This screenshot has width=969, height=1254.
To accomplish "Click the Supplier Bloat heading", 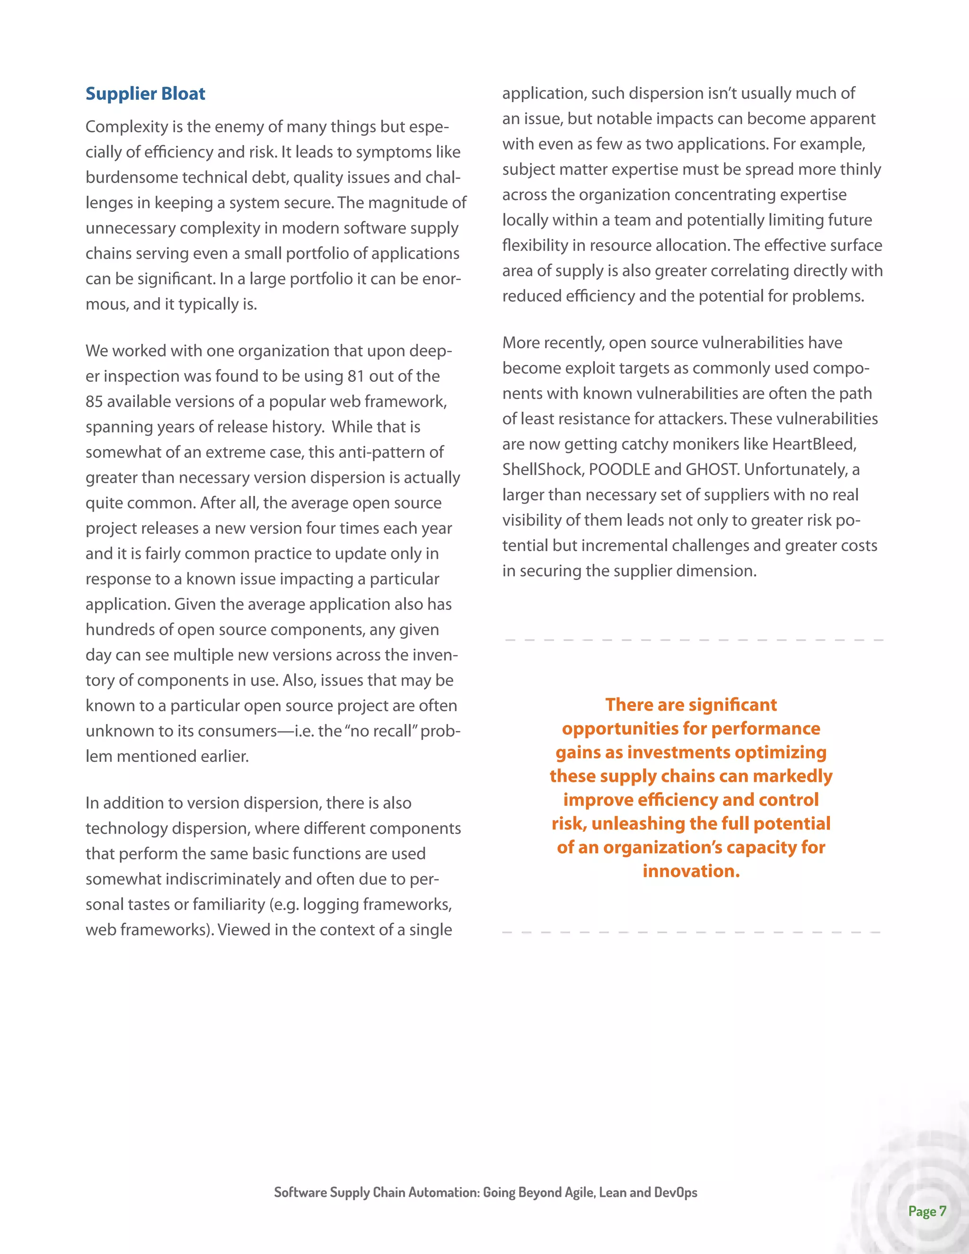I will click(145, 94).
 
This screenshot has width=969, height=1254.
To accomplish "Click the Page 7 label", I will click(926, 1211).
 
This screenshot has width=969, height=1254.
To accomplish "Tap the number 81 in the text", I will click(356, 376).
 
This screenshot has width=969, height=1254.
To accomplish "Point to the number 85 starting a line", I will click(94, 401).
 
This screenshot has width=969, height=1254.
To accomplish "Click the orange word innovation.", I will click(691, 871).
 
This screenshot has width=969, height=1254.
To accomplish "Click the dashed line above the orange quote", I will click(694, 640).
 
